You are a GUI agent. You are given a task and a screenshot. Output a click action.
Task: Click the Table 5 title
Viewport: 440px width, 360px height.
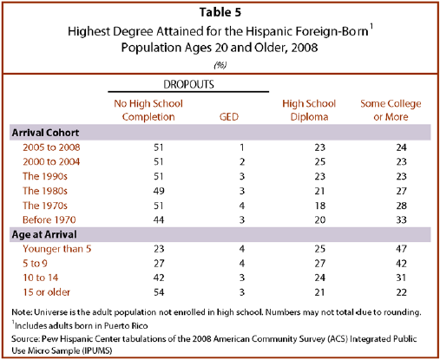(220, 12)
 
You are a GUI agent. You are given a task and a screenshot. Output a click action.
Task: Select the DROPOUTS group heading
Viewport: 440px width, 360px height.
(188, 84)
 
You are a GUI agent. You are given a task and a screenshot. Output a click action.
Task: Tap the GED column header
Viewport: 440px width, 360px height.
(229, 117)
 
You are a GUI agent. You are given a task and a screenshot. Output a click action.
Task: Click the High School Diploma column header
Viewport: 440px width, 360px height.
(309, 110)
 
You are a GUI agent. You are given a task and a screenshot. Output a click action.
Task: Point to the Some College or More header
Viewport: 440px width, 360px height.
(391, 110)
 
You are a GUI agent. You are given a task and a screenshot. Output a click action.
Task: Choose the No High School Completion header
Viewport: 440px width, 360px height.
(148, 110)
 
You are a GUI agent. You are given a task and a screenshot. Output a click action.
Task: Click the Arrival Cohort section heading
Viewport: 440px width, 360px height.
(45, 133)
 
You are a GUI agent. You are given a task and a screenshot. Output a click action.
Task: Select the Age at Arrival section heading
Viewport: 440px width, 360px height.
(44, 234)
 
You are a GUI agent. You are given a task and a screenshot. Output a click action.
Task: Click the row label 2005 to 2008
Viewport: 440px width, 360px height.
(51, 147)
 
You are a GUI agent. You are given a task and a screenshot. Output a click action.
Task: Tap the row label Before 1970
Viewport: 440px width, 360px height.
(49, 219)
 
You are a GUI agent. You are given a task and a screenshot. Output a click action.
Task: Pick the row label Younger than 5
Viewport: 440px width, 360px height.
(57, 249)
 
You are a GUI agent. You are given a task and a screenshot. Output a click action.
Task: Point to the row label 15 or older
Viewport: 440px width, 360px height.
(47, 292)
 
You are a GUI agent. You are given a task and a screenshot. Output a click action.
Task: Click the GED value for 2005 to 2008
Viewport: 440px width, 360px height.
(242, 147)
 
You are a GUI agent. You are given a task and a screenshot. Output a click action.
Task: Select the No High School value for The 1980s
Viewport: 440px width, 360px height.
(159, 191)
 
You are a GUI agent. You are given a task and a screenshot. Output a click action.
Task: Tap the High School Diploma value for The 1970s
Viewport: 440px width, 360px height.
(320, 206)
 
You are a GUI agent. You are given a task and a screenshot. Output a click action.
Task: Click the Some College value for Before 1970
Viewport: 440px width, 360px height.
(402, 219)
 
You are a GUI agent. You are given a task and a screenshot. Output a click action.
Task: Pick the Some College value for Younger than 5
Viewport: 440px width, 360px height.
(402, 249)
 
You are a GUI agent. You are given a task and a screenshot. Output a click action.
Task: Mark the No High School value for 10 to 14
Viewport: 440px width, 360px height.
(159, 278)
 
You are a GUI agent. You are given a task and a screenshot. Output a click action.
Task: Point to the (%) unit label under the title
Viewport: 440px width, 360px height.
(220, 65)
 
